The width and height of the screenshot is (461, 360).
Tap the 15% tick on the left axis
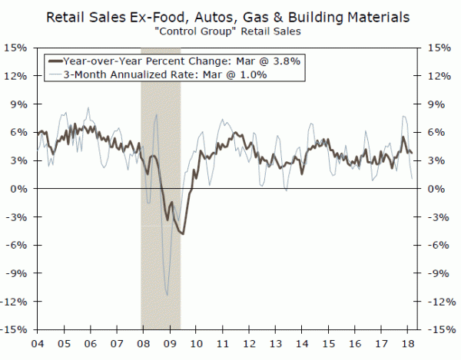[x=18, y=48]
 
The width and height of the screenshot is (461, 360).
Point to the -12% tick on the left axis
[x=16, y=302]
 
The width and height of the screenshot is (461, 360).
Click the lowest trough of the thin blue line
[x=167, y=294]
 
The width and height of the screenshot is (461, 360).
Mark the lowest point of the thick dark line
[x=182, y=233]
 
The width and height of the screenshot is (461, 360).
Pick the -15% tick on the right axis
[x=432, y=329]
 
